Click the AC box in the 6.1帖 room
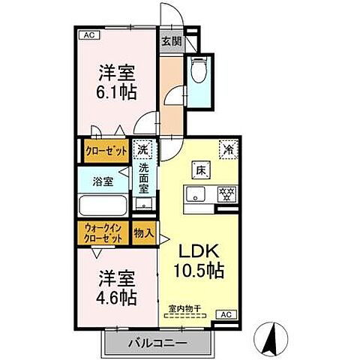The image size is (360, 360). pyautogui.click(x=88, y=34)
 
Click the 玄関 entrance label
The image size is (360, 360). pyautogui.click(x=169, y=42)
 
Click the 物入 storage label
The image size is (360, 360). pyautogui.click(x=143, y=233)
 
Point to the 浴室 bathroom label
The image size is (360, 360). pyautogui.click(x=103, y=181)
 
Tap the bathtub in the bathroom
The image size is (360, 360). pyautogui.click(x=103, y=205)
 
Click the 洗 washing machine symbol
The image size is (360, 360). pyautogui.click(x=142, y=148)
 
